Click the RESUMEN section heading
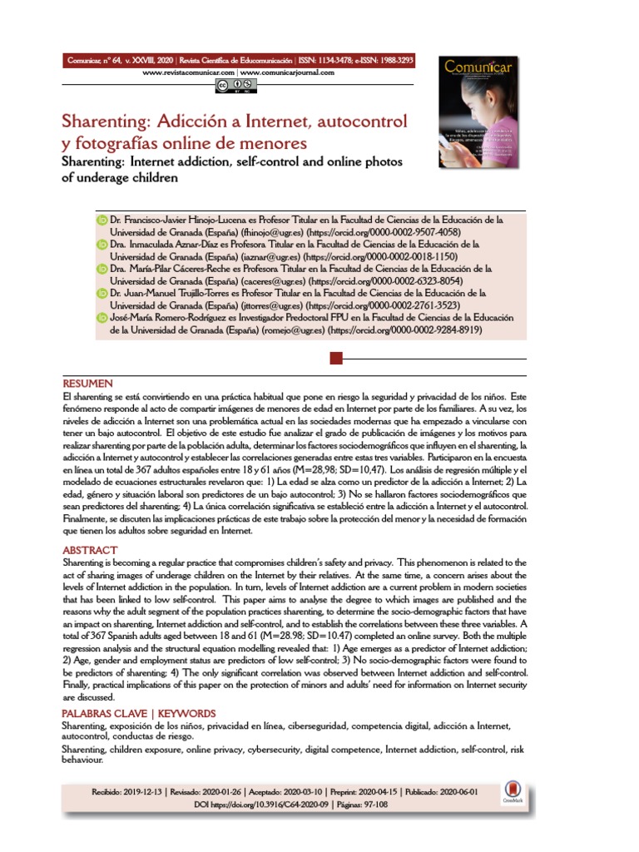click(x=87, y=384)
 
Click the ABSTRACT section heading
click(x=90, y=550)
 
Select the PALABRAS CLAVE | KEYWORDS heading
click(x=139, y=714)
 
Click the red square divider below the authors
click(x=337, y=359)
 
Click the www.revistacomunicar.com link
click(x=189, y=73)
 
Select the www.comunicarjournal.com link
click(x=288, y=73)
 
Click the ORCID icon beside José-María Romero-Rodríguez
click(x=102, y=317)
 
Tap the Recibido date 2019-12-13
click(x=144, y=793)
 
